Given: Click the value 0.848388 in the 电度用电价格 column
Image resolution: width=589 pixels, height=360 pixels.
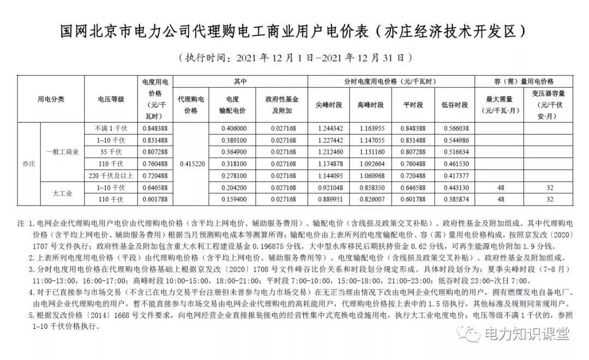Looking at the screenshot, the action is [x=155, y=129].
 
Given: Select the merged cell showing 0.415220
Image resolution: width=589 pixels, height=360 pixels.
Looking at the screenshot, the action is [x=191, y=163].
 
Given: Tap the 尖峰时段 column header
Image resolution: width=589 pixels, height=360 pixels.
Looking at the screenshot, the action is [x=330, y=105].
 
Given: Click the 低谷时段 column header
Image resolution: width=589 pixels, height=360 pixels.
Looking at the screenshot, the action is [x=455, y=105].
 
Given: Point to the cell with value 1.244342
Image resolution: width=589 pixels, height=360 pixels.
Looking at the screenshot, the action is [x=330, y=129].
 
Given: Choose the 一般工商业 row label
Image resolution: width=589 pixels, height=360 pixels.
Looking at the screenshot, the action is [x=62, y=152].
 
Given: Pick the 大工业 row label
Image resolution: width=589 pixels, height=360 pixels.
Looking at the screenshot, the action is [x=62, y=193].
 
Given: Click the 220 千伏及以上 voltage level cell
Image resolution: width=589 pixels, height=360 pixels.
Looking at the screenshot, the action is [x=111, y=175].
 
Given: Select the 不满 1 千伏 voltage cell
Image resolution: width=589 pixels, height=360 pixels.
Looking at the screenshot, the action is [x=111, y=129].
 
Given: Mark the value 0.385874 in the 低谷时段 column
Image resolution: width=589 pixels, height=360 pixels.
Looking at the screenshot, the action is [x=455, y=199].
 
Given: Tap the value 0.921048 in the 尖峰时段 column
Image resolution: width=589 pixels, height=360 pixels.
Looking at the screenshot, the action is [x=330, y=188].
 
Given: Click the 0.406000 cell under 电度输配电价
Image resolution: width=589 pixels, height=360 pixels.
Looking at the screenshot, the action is [x=235, y=129].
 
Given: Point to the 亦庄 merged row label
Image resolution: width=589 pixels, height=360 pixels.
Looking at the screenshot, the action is [x=28, y=163].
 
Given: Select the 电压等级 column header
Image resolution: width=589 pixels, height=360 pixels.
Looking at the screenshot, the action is [x=111, y=99].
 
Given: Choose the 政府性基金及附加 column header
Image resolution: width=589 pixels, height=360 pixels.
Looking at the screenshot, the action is [x=282, y=105].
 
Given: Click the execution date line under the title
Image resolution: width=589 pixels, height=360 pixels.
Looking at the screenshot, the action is [x=294, y=57].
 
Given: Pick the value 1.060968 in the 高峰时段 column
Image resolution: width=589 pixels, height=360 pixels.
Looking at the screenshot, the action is [x=371, y=175].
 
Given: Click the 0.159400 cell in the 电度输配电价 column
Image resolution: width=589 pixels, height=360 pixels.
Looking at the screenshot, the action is [x=235, y=199].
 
